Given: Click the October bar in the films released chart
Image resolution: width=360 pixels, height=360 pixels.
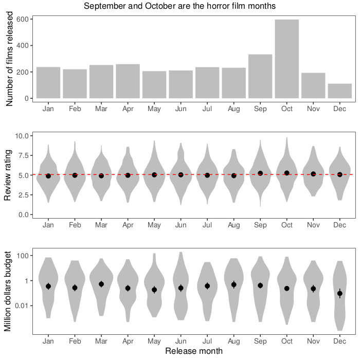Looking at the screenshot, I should pyautogui.click(x=286, y=59).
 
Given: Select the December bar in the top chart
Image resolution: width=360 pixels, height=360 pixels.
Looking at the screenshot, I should pyautogui.click(x=339, y=91).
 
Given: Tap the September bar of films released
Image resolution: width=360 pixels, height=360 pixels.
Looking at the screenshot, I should pyautogui.click(x=260, y=76).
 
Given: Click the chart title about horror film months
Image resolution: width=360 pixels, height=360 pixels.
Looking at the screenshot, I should pyautogui.click(x=180, y=6).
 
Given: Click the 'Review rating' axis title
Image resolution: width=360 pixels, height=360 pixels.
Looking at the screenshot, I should pyautogui.click(x=9, y=175).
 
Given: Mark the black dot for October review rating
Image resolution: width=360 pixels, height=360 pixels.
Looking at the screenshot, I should pyautogui.click(x=286, y=173).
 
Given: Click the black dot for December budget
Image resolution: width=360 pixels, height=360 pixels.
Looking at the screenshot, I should pyautogui.click(x=339, y=294).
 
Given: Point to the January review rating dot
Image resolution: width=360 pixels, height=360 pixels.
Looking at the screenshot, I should pyautogui.click(x=48, y=176).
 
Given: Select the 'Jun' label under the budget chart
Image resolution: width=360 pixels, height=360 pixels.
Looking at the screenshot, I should pyautogui.click(x=181, y=341).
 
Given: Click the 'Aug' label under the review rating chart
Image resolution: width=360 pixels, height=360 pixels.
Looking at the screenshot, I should pyautogui.click(x=233, y=225).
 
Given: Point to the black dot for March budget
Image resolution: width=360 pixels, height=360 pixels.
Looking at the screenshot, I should pyautogui.click(x=101, y=284).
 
